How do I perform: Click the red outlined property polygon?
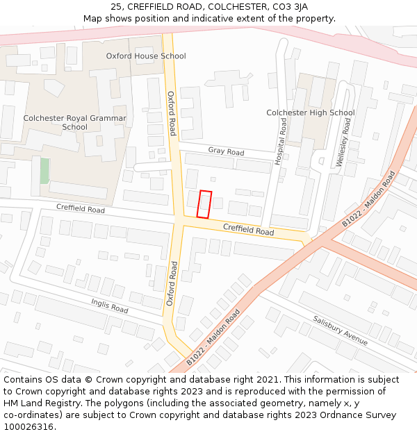point(204,204)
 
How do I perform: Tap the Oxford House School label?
point(146,56)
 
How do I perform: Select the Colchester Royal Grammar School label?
point(75,122)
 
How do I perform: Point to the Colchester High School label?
point(311,112)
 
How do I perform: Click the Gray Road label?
point(226,151)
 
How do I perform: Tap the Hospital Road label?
point(281,140)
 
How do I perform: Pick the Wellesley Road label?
point(343,142)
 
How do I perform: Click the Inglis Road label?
point(110,305)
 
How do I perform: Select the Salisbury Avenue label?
point(340,331)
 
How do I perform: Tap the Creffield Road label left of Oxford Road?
point(81,209)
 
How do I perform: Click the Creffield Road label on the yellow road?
point(248,230)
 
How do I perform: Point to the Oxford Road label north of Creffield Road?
point(172,113)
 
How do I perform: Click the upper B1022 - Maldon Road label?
point(368,199)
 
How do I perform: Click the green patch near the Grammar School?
point(44,171)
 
